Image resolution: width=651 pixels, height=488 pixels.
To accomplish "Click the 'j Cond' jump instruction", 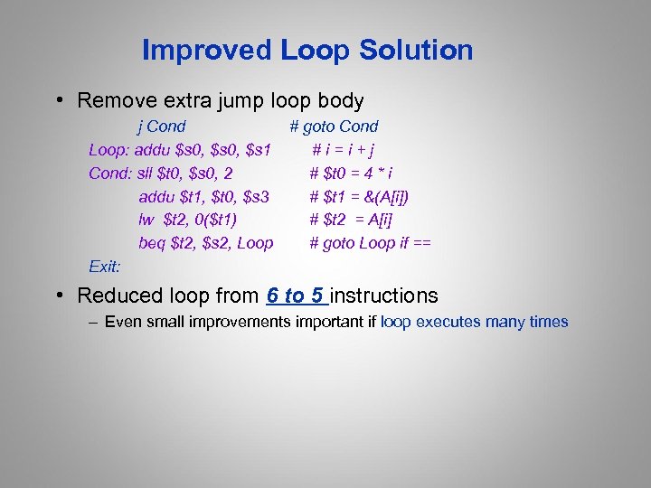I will (x=161, y=127).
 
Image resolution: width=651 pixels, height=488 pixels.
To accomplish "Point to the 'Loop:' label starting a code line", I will (x=108, y=149).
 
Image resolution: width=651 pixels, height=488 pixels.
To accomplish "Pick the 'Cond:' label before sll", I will (x=109, y=173).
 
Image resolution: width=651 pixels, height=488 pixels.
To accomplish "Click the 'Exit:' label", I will (x=105, y=266).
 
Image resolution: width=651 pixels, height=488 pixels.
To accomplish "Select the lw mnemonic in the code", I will (x=146, y=219).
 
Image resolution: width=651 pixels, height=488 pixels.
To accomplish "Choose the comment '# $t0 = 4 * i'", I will (x=351, y=173).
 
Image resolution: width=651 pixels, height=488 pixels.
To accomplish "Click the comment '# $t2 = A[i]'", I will (x=351, y=219).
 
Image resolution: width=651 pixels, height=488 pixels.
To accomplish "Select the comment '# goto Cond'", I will (x=334, y=127).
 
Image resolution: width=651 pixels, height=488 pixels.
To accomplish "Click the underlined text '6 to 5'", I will (x=295, y=296).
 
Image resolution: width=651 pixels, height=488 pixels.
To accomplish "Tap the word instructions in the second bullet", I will (x=384, y=296).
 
